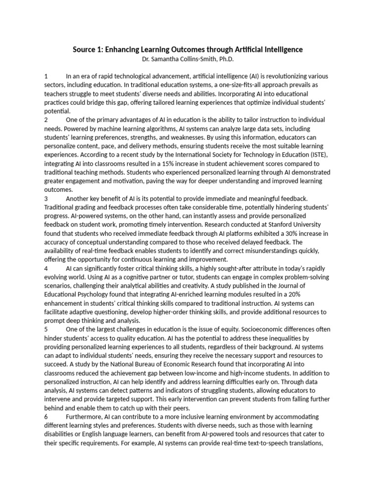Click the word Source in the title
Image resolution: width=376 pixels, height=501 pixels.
coord(85,49)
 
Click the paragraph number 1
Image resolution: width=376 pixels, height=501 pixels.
coord(46,76)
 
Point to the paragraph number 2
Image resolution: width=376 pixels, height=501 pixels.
coord(46,120)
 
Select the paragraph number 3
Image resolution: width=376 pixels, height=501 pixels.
coord(46,198)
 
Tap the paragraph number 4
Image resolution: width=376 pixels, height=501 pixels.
coord(46,269)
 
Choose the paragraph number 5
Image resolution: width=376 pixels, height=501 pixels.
coord(46,329)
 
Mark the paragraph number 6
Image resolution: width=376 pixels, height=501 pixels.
coord(46,416)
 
